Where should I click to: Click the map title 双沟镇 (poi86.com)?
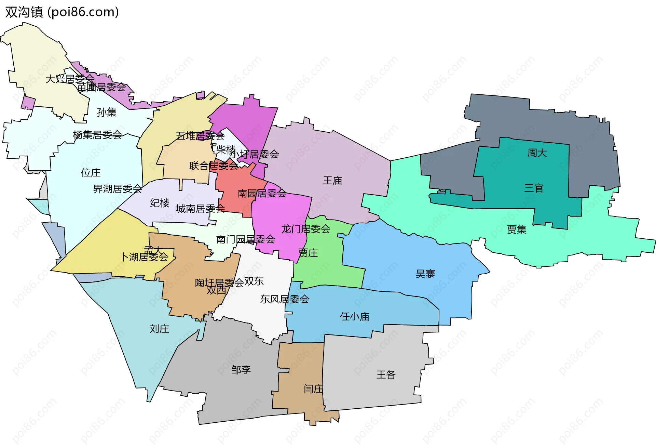[62, 12]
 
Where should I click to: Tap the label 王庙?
[332, 180]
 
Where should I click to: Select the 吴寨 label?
[425, 274]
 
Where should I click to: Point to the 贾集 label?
[516, 229]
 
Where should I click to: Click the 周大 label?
[537, 153]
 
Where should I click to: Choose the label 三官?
[534, 188]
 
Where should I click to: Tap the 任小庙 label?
[355, 316]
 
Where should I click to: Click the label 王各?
[386, 374]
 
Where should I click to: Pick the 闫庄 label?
[313, 388]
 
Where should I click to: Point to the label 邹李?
[241, 370]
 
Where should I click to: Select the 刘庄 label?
[159, 329]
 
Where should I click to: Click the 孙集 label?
[107, 112]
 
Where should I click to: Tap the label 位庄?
[91, 172]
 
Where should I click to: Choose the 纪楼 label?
[160, 203]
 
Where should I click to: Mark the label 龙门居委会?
[305, 229]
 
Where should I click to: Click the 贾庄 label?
[308, 253]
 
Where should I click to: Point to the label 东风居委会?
[285, 299]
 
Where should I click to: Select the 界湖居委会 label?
[117, 188]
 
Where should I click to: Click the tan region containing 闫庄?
[301, 363]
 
